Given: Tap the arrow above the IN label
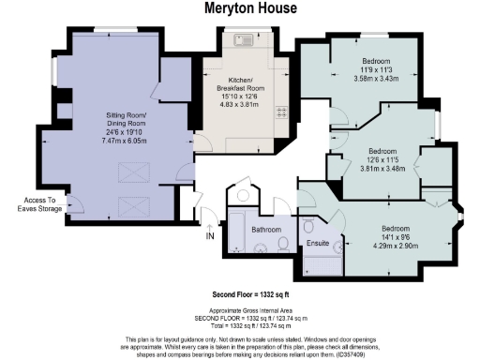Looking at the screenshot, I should (208, 223).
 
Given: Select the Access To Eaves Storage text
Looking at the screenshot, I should (40, 204).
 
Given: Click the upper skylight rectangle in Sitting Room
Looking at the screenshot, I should (127, 172).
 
